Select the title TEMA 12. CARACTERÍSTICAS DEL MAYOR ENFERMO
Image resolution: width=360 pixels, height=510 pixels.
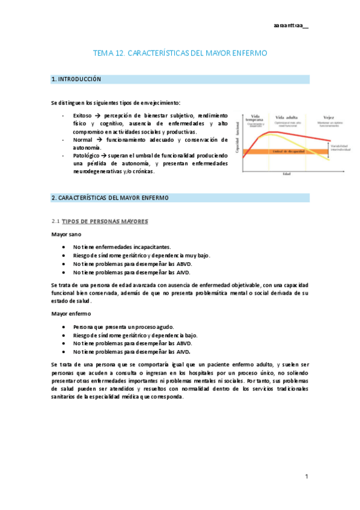180,54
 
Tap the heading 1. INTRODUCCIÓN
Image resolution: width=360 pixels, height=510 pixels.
76,79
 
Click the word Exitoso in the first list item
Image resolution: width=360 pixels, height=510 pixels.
82,115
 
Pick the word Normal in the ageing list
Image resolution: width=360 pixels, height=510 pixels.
82,140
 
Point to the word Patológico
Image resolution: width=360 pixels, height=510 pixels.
85,155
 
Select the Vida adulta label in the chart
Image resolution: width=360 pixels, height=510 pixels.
288,117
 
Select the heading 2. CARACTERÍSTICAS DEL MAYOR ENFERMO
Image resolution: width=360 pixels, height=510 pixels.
111,197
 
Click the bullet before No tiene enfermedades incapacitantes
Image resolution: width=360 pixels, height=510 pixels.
64,247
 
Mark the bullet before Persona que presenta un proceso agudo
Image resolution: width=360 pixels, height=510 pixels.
64,326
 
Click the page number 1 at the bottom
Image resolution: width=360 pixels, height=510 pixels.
307,476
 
